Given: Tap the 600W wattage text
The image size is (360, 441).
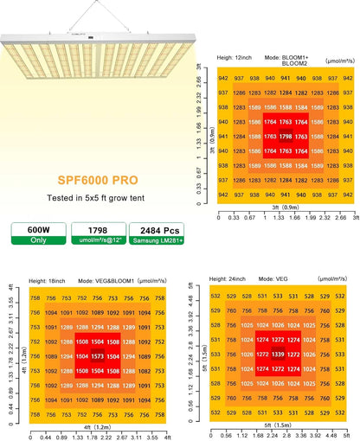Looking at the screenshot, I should click(x=31, y=230).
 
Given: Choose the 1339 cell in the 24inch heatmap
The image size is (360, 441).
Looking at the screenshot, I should click(x=278, y=355).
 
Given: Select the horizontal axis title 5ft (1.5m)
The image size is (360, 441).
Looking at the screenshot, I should click(x=277, y=425).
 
